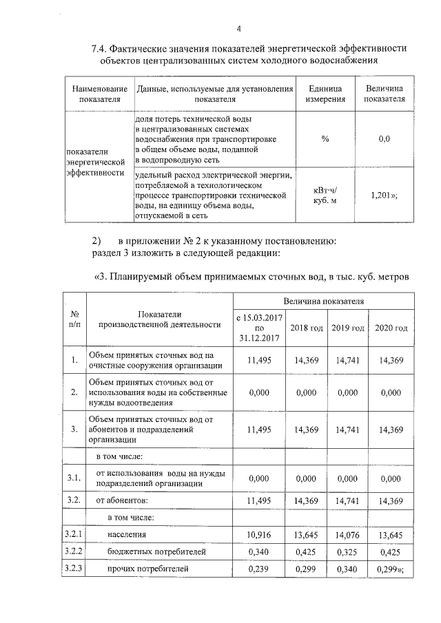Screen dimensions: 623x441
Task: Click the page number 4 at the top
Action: (x=238, y=28)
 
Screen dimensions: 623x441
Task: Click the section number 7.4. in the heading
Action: (x=103, y=48)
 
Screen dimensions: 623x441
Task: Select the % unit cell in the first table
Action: (x=325, y=139)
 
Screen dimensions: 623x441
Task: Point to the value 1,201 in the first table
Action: (x=384, y=196)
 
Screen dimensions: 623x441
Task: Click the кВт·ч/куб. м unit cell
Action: (x=325, y=196)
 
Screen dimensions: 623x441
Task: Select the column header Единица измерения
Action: (x=325, y=94)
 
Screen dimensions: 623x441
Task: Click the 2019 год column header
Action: (x=348, y=328)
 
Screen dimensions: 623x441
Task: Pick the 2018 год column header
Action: (x=307, y=328)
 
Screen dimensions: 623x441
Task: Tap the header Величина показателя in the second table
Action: (x=324, y=301)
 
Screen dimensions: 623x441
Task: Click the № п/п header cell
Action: (x=74, y=318)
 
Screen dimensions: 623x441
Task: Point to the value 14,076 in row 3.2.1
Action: (x=348, y=534)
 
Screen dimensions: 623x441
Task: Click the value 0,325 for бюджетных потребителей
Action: (x=348, y=551)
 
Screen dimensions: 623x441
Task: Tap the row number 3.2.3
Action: (x=74, y=569)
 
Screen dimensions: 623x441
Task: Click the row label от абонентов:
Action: (x=122, y=500)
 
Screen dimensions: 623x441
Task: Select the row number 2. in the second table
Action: (x=74, y=392)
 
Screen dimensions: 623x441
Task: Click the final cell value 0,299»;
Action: (x=391, y=569)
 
